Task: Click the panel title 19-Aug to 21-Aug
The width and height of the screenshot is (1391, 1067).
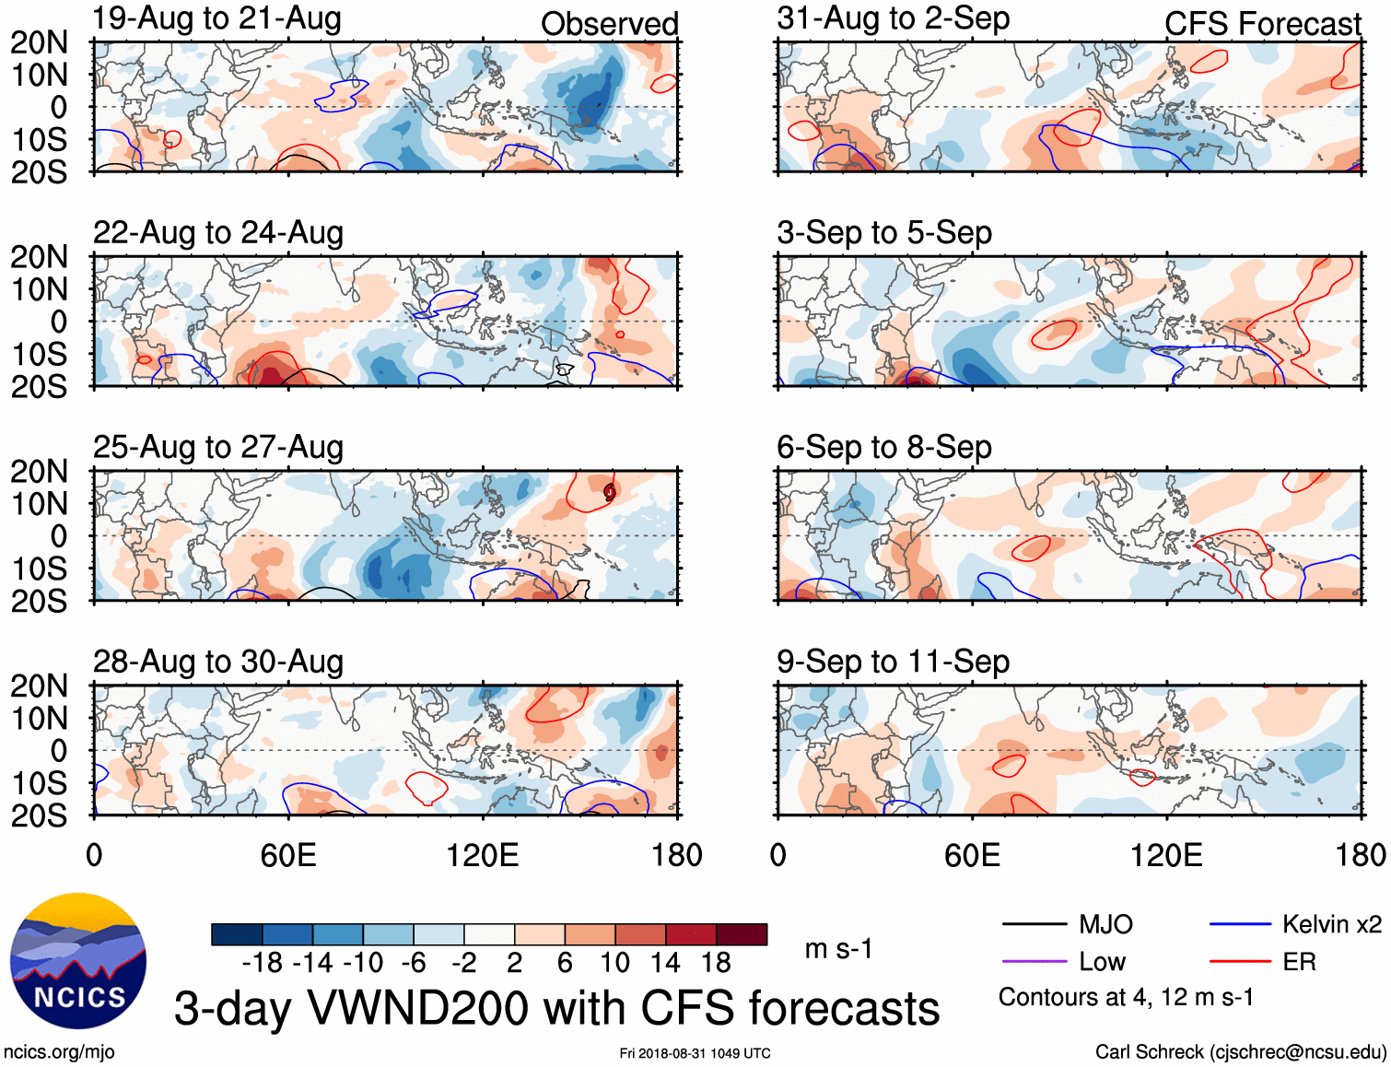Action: (217, 18)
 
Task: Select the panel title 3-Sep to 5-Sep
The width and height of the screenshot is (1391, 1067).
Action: (884, 233)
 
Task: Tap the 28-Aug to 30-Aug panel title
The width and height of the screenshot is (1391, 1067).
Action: (218, 662)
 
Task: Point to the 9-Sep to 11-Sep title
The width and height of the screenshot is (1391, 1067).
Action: (893, 662)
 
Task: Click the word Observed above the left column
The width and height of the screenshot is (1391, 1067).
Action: (609, 24)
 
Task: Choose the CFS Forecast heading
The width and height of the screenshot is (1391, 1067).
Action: (1262, 24)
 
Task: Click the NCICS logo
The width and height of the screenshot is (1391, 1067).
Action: (78, 961)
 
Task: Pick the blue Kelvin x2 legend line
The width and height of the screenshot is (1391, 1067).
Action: (1240, 924)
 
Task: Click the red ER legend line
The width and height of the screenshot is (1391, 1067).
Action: (1240, 962)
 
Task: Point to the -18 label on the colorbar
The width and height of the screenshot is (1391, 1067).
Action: (263, 963)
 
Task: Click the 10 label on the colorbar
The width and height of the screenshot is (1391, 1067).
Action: (614, 963)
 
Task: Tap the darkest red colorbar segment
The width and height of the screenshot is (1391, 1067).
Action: (742, 934)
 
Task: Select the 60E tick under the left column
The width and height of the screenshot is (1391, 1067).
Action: (288, 855)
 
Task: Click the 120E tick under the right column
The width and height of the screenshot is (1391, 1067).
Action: (1166, 855)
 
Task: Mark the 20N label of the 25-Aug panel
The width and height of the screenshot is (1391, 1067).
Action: (39, 472)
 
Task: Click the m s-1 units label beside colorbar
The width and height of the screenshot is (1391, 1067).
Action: (838, 948)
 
